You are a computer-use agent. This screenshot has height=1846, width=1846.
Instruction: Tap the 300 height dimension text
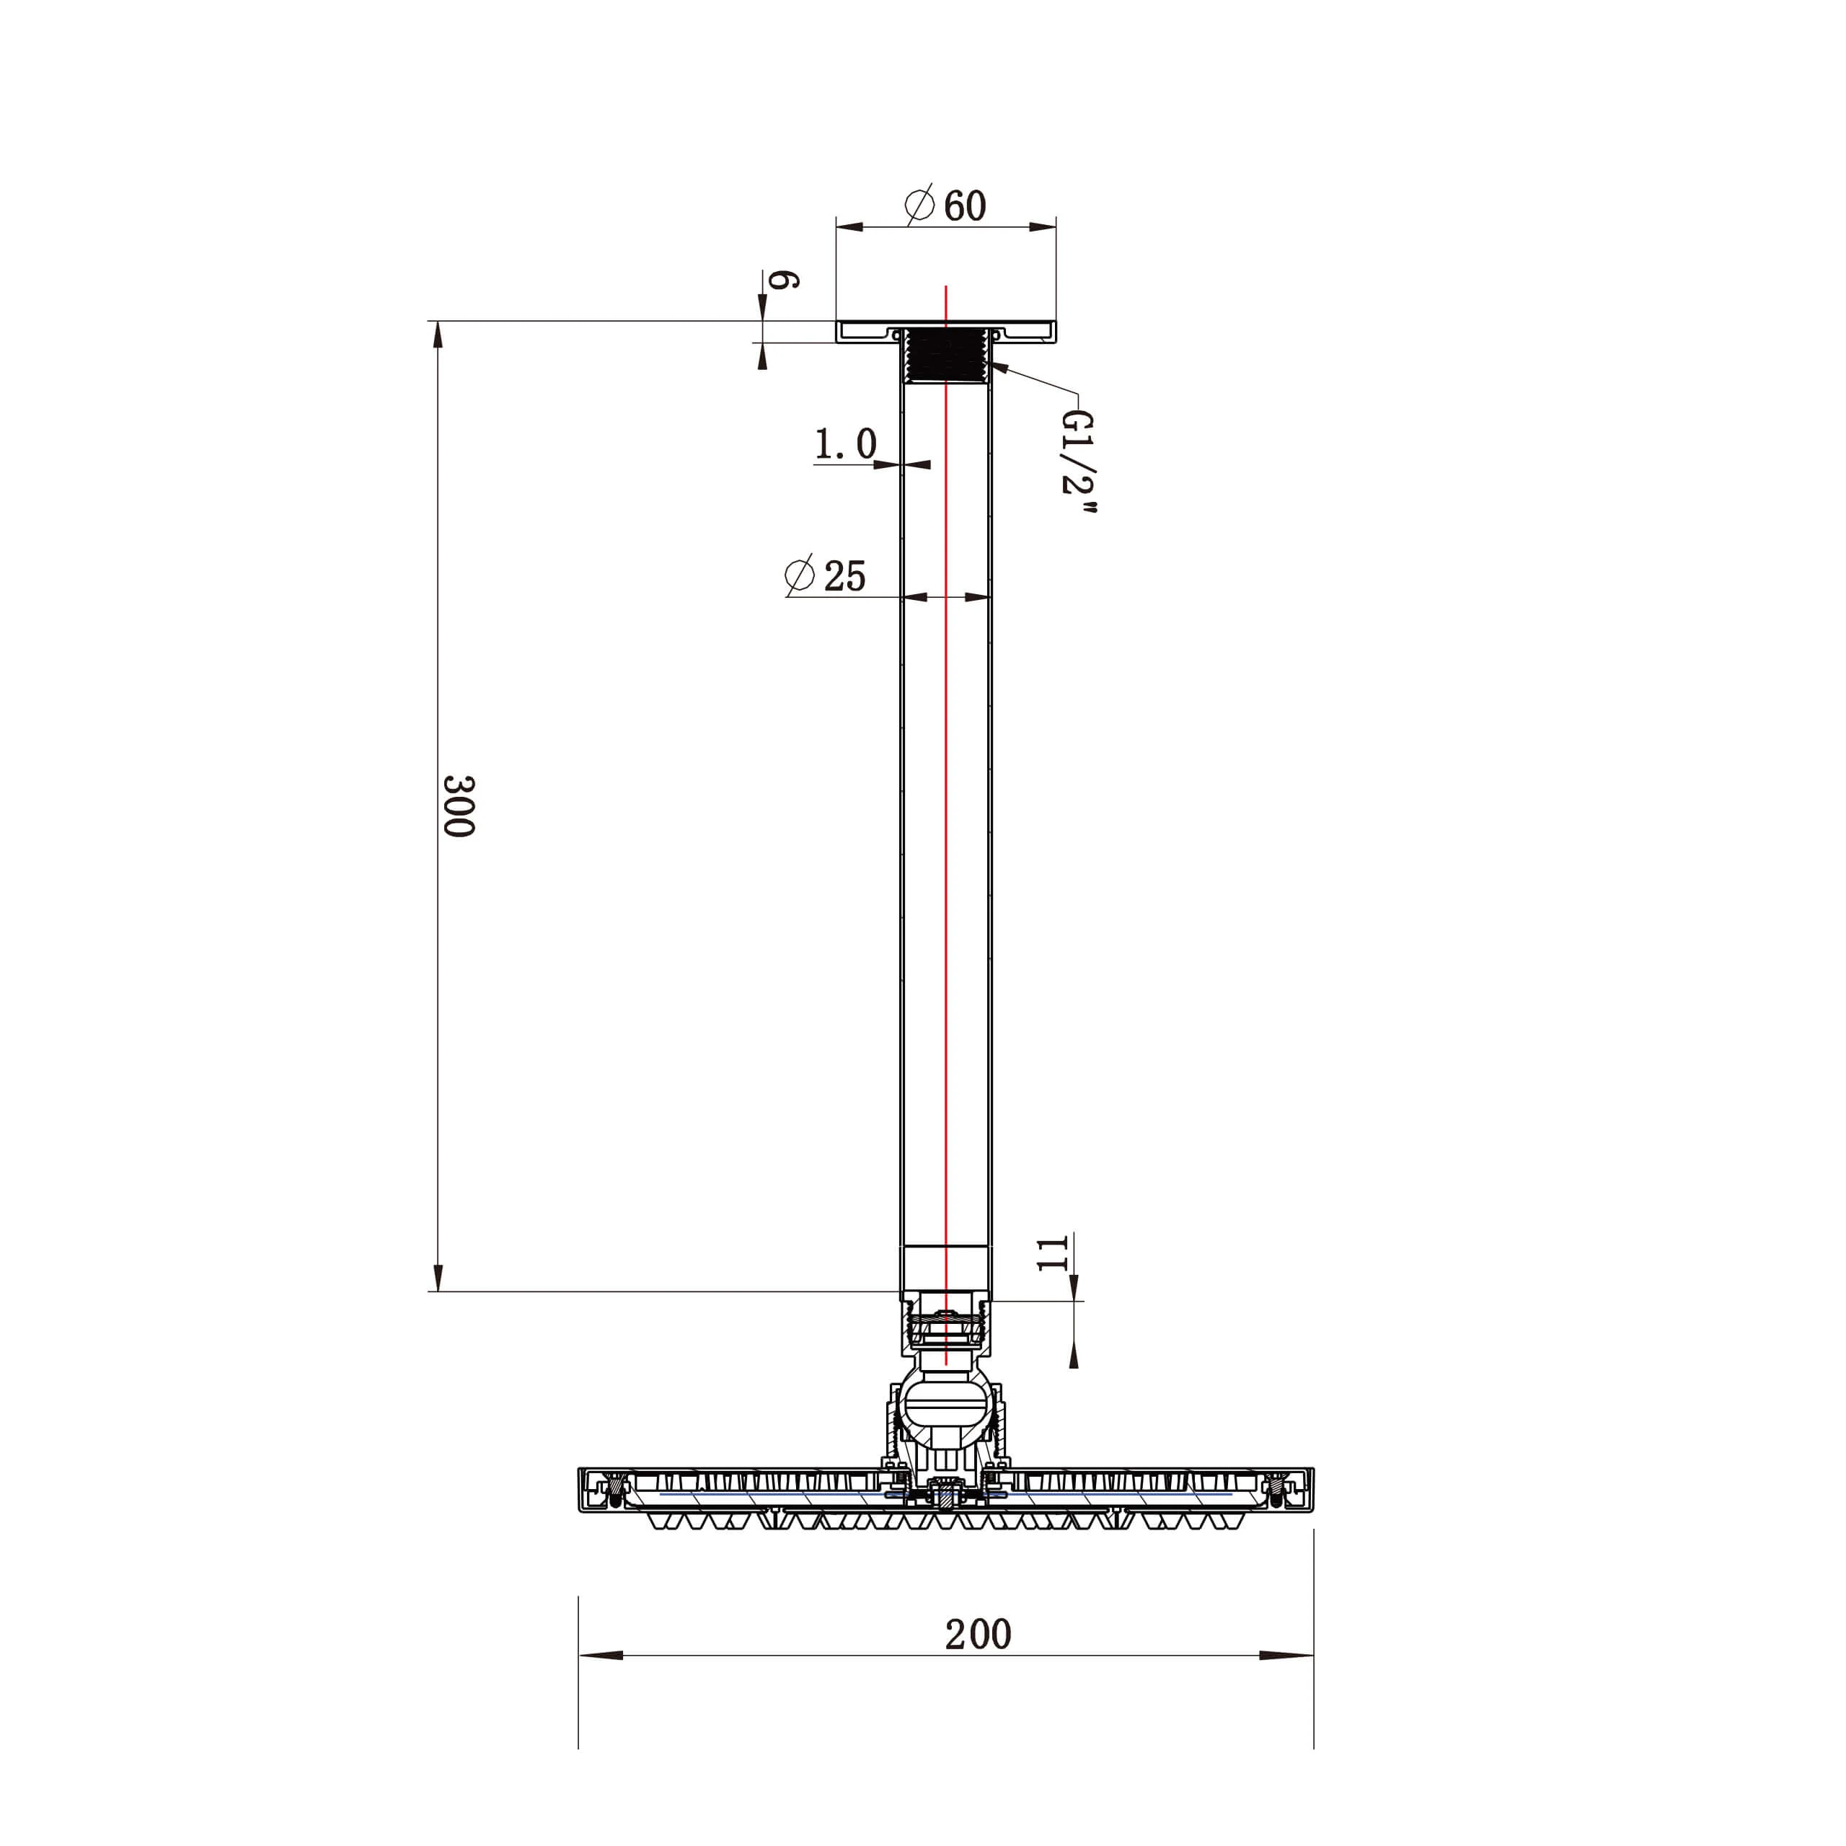point(459,805)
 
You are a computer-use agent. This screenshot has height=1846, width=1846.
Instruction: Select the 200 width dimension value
point(978,1634)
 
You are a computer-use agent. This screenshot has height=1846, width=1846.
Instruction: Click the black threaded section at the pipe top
point(945,355)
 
